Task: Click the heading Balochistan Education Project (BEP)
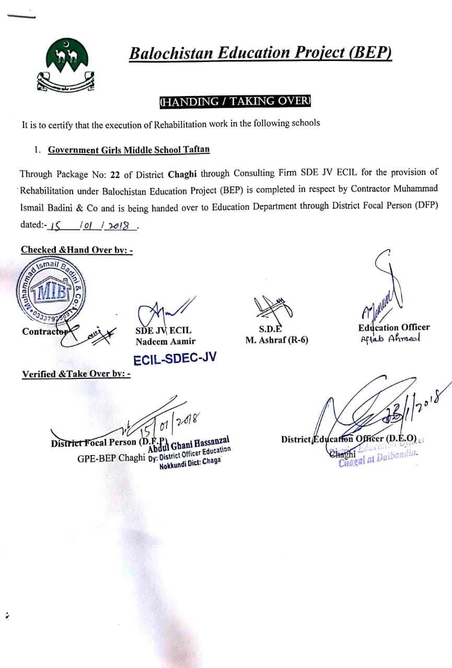click(260, 53)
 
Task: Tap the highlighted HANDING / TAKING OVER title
click(235, 101)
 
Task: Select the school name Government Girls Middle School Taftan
click(129, 150)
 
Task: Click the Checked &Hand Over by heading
click(77, 250)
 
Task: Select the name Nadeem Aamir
click(166, 341)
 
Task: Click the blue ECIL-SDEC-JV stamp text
click(175, 359)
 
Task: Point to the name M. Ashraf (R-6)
click(277, 340)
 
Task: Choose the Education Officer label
click(394, 327)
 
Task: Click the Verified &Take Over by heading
click(76, 374)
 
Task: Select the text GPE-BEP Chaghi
click(111, 458)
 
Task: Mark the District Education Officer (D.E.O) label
click(349, 438)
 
